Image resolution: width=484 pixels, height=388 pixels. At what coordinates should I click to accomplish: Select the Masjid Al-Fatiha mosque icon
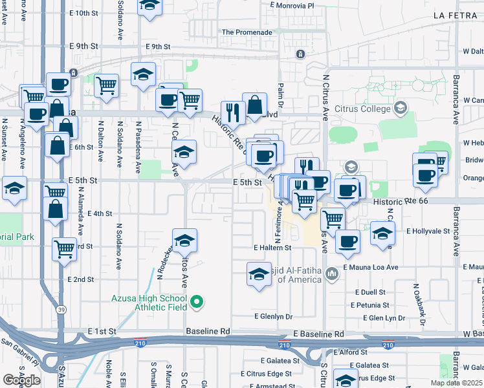pos(332,274)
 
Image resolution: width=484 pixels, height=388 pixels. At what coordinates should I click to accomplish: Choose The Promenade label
pos(247,32)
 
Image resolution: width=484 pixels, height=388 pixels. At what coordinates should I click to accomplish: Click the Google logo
pos(21,380)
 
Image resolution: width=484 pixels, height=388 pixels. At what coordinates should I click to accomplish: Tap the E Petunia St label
pos(371,305)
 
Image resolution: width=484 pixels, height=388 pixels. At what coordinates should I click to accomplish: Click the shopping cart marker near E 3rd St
pos(64,248)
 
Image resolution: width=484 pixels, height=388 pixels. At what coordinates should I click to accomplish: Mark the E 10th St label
pos(86,13)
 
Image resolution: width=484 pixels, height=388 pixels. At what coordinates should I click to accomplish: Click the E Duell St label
pos(369,292)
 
